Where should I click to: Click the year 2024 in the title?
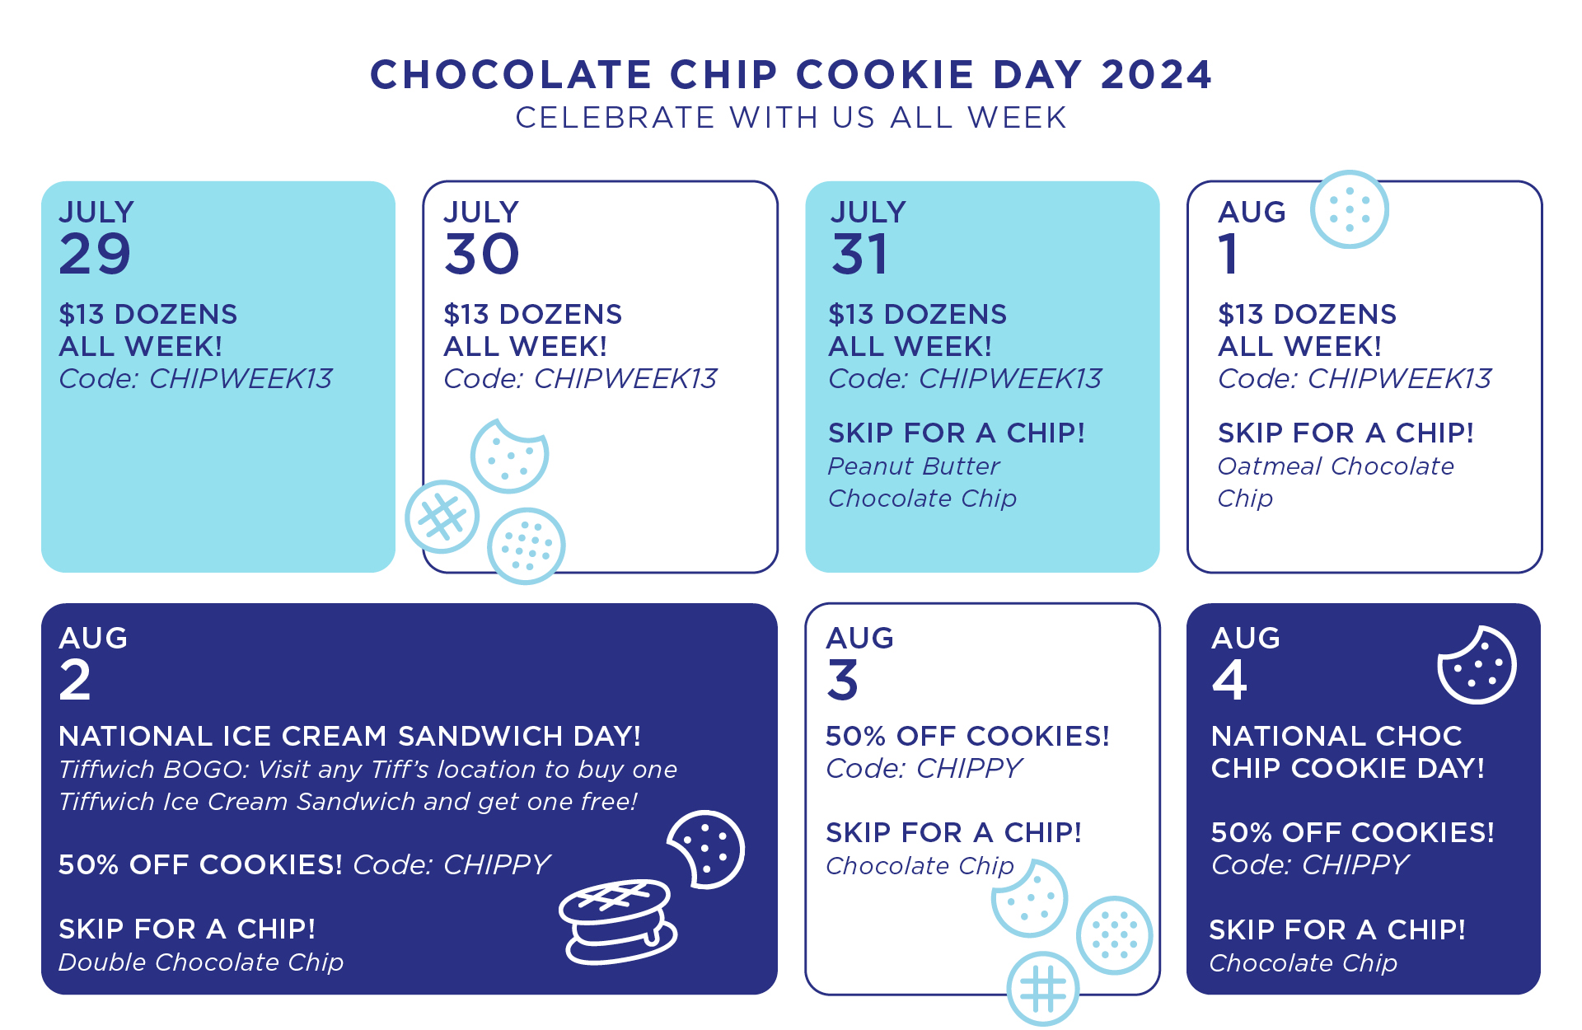click(1156, 75)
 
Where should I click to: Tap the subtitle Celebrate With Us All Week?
click(791, 118)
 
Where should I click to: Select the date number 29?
click(95, 254)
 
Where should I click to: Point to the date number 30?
click(482, 254)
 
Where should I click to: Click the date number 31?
click(860, 254)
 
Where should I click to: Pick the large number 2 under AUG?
click(75, 681)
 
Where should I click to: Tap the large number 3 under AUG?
click(843, 681)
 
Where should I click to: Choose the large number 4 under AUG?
click(1229, 681)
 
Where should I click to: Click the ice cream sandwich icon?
click(618, 921)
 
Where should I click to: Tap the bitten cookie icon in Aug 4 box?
click(1477, 665)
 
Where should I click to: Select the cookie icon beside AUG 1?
click(1350, 209)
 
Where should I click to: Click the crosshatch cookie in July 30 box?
click(442, 517)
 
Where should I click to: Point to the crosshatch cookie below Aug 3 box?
click(1043, 989)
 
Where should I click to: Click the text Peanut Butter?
click(914, 466)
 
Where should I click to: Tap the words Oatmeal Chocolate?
click(1336, 466)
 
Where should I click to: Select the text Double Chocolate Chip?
click(201, 962)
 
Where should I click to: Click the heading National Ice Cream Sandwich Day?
click(349, 736)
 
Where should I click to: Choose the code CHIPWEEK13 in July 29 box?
click(241, 379)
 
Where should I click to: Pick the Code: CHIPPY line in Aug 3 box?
click(924, 769)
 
